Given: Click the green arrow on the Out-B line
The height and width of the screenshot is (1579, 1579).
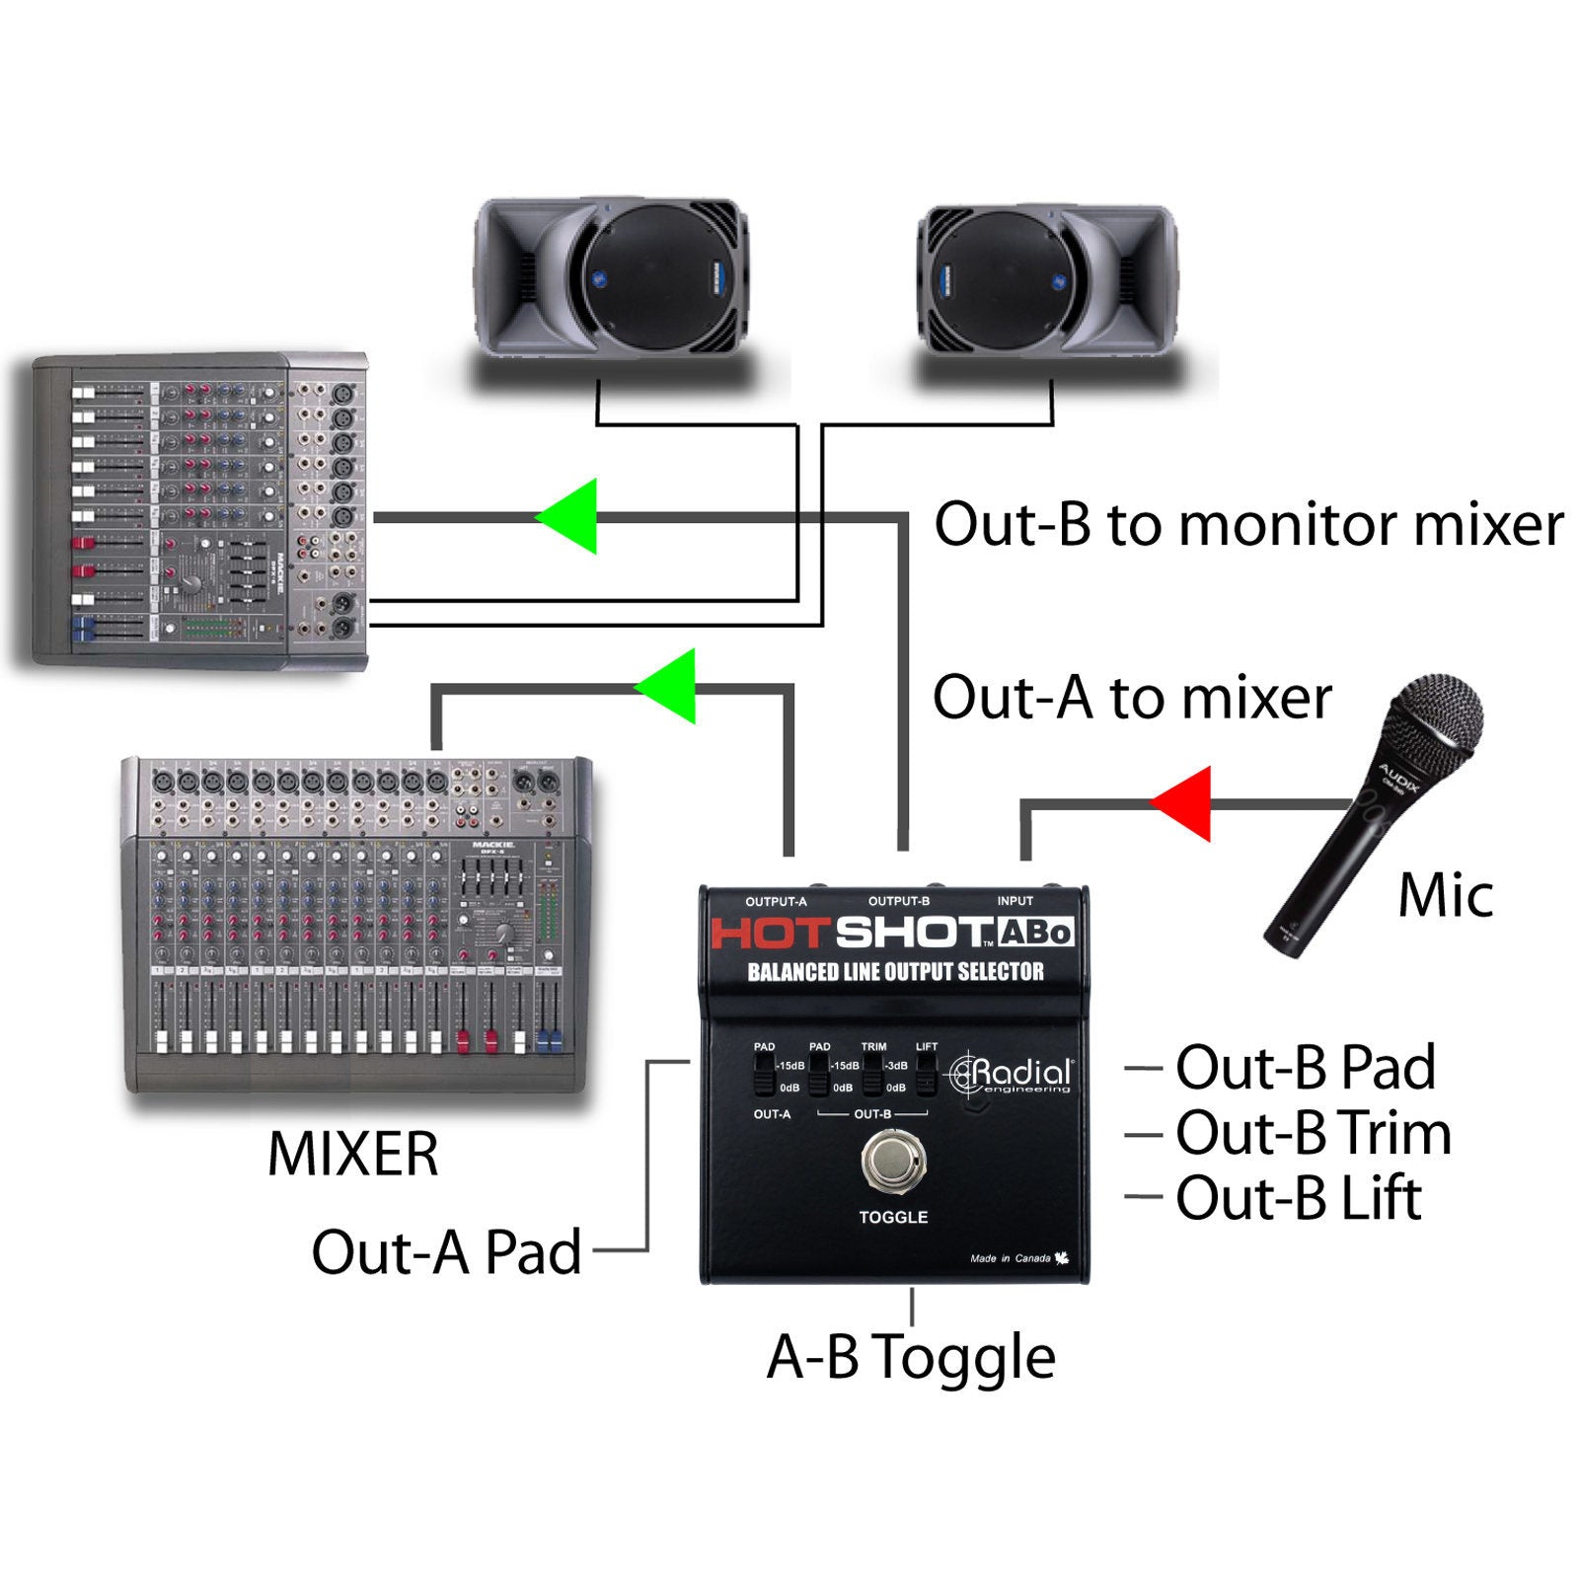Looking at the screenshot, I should click(571, 516).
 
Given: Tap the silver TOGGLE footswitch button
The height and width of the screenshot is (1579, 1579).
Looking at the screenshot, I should click(893, 1161).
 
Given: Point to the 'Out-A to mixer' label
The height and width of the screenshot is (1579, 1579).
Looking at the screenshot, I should click(1132, 697).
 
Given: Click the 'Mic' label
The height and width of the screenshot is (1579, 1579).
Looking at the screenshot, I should click(1445, 895).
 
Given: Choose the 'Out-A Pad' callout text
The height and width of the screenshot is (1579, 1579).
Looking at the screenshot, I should click(446, 1251).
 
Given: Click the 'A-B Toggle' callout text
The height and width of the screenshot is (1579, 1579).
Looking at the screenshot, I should click(911, 1357).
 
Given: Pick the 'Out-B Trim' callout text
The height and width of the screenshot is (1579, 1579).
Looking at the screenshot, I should click(1313, 1133).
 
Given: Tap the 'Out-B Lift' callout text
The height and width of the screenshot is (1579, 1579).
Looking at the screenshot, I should click(1298, 1198).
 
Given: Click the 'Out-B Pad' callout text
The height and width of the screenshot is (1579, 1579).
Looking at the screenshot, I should click(1305, 1067).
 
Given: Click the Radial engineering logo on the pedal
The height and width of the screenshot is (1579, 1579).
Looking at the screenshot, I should click(1010, 1075).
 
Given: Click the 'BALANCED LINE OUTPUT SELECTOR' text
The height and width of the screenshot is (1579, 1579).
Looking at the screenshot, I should click(895, 972).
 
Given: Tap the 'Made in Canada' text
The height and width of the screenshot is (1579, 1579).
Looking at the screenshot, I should click(1011, 1258).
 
